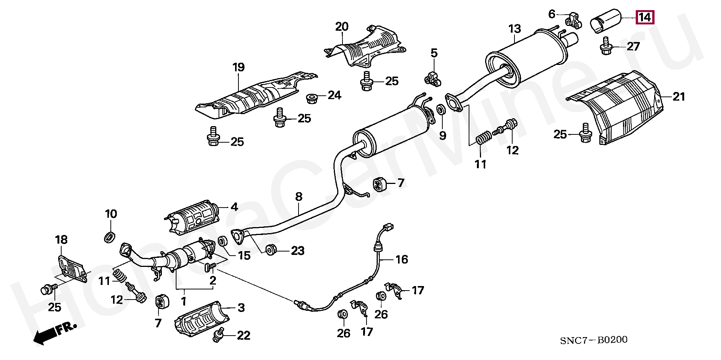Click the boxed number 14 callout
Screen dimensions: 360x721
[x=644, y=17]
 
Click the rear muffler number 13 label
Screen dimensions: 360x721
[x=514, y=29]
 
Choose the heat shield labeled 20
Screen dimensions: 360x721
[x=366, y=47]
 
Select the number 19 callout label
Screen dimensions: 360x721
[x=238, y=67]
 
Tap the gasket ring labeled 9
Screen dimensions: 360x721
[x=441, y=110]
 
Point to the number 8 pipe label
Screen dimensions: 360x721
[x=299, y=196]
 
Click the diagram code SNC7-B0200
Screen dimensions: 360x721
[x=593, y=340]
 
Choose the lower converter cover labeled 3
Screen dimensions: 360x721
[x=202, y=319]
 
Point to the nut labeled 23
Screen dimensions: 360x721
[x=271, y=250]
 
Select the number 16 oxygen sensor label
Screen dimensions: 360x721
[x=401, y=259]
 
